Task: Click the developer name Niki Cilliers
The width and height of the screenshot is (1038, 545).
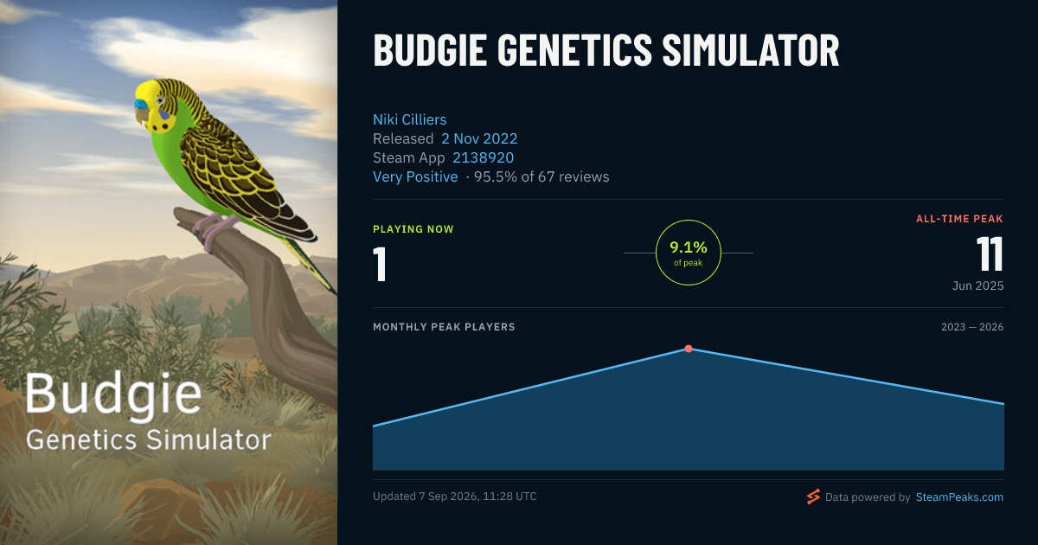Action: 410,119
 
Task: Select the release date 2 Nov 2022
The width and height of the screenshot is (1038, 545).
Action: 479,138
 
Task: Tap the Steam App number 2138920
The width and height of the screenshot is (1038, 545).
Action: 483,157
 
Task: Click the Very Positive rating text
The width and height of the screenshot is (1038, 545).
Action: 415,176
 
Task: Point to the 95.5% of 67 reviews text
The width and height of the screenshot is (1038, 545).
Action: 541,176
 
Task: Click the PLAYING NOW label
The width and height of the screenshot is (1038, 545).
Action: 413,229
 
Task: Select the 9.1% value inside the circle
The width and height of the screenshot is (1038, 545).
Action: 689,247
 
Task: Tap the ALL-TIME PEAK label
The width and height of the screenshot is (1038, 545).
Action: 959,219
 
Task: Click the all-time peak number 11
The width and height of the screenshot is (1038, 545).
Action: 990,253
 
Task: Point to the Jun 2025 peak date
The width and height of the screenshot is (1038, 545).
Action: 977,285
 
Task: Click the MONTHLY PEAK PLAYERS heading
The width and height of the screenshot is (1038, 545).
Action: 444,327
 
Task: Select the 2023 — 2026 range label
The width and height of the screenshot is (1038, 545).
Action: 972,327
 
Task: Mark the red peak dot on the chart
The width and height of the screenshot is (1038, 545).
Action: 689,349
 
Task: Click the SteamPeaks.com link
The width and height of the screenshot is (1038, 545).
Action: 959,497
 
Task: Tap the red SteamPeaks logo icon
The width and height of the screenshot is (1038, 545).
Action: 813,497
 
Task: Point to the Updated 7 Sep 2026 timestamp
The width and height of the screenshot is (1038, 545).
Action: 455,497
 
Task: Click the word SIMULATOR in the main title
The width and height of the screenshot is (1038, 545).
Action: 751,50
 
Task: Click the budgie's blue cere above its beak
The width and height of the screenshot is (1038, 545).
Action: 140,105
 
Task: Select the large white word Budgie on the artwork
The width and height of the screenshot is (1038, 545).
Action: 113,394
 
